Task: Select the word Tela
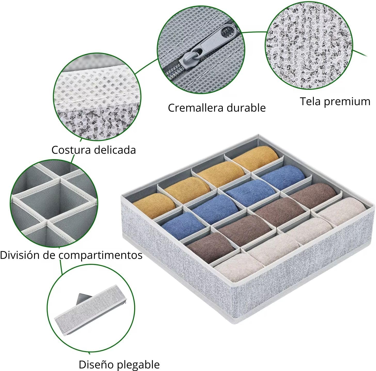click(310, 101)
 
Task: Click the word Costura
click(71, 150)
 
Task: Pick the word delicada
click(115, 150)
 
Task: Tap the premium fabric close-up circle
click(309, 45)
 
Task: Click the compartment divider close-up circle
click(54, 203)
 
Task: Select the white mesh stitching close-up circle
click(97, 97)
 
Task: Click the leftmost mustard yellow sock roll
click(154, 205)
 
